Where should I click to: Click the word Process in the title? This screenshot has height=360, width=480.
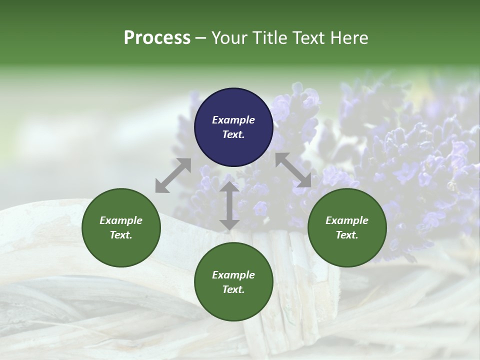157,38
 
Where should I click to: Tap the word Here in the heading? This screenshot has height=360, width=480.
349,38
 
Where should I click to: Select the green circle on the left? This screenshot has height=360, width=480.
121,228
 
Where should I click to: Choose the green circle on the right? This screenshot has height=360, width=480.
347,228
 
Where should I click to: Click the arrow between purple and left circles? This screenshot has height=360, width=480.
173,175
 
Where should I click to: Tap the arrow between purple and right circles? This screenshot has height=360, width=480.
293,170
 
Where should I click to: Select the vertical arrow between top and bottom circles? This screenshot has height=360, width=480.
229,205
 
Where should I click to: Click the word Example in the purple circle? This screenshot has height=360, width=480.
233,120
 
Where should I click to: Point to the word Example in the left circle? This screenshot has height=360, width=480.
121,220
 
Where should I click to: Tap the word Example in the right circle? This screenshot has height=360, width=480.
347,220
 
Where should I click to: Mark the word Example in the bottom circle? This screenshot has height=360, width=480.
233,275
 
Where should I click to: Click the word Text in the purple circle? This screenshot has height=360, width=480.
233,134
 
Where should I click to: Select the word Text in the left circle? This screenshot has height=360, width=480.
121,235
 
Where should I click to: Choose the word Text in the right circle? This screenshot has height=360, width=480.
347,235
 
